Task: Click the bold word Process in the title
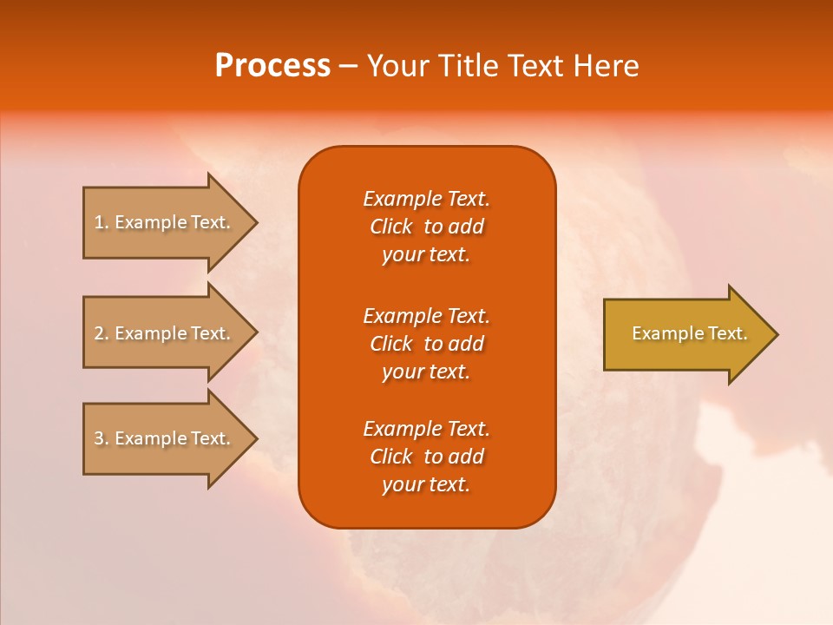tap(272, 66)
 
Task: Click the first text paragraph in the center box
tap(426, 227)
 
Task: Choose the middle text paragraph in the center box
tap(426, 344)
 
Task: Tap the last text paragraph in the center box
tap(426, 457)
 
